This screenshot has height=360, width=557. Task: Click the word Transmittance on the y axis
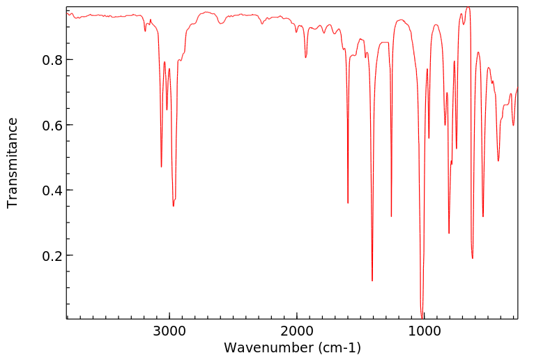click(13, 163)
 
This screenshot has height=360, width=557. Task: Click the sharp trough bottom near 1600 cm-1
click(348, 203)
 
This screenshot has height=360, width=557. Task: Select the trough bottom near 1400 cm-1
click(372, 281)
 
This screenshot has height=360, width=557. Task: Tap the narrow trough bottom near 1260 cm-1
click(391, 216)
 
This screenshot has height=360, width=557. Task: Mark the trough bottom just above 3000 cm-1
click(161, 167)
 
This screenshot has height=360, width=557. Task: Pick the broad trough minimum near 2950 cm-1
click(174, 206)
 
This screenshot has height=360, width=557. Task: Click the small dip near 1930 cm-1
click(305, 57)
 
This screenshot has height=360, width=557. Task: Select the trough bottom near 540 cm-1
click(483, 217)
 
